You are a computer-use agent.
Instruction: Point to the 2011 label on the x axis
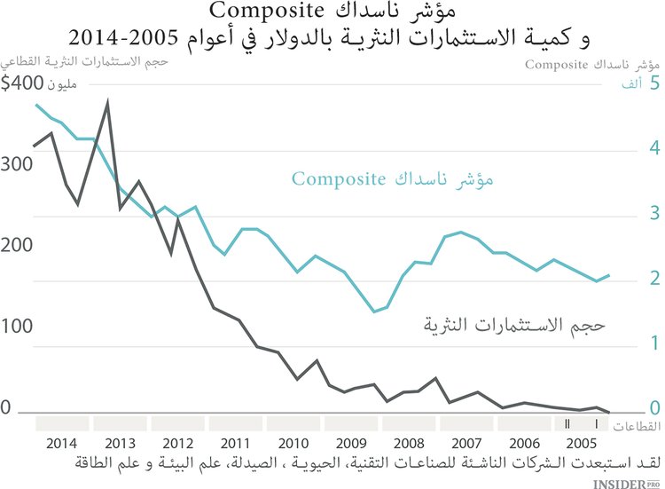point(235,443)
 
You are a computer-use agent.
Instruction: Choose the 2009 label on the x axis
point(350,443)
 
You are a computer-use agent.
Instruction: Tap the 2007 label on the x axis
point(465,443)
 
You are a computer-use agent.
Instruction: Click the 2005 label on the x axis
point(581,443)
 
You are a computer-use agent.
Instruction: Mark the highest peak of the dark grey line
point(107,103)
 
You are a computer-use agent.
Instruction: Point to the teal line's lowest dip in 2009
point(374,312)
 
